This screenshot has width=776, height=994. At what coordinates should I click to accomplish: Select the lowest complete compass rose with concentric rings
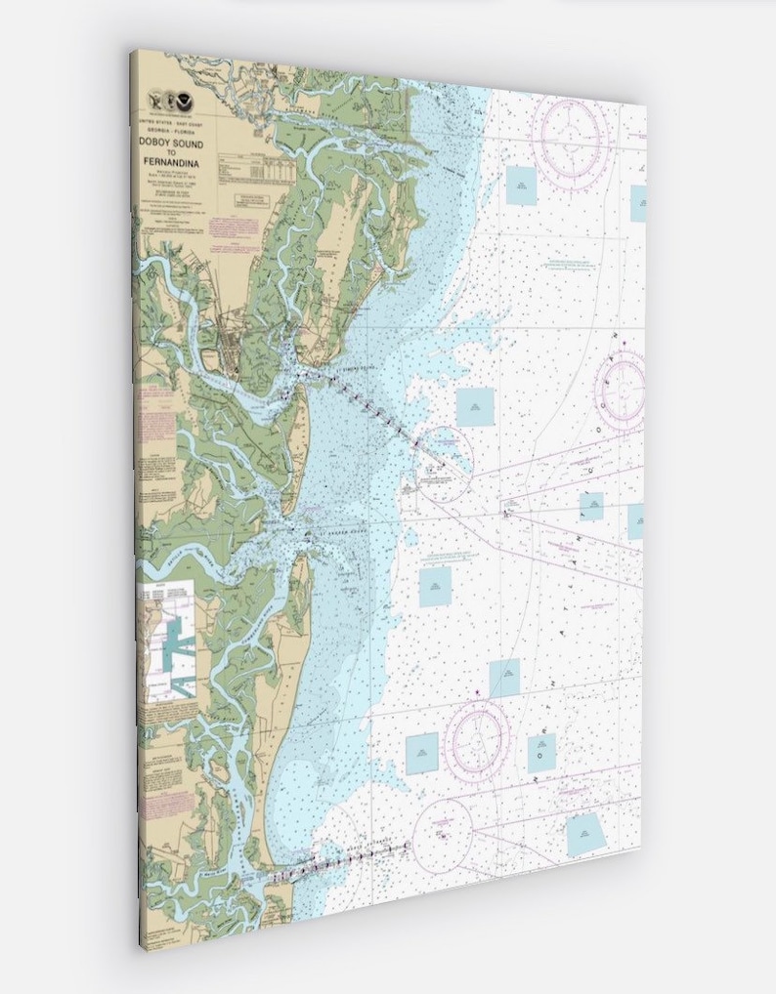pyautogui.click(x=477, y=743)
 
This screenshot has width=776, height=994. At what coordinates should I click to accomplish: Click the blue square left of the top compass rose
pyautogui.click(x=521, y=186)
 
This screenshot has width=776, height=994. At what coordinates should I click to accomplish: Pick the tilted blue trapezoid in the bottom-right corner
pyautogui.click(x=585, y=835)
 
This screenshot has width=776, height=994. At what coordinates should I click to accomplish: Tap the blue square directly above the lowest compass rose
pyautogui.click(x=504, y=678)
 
